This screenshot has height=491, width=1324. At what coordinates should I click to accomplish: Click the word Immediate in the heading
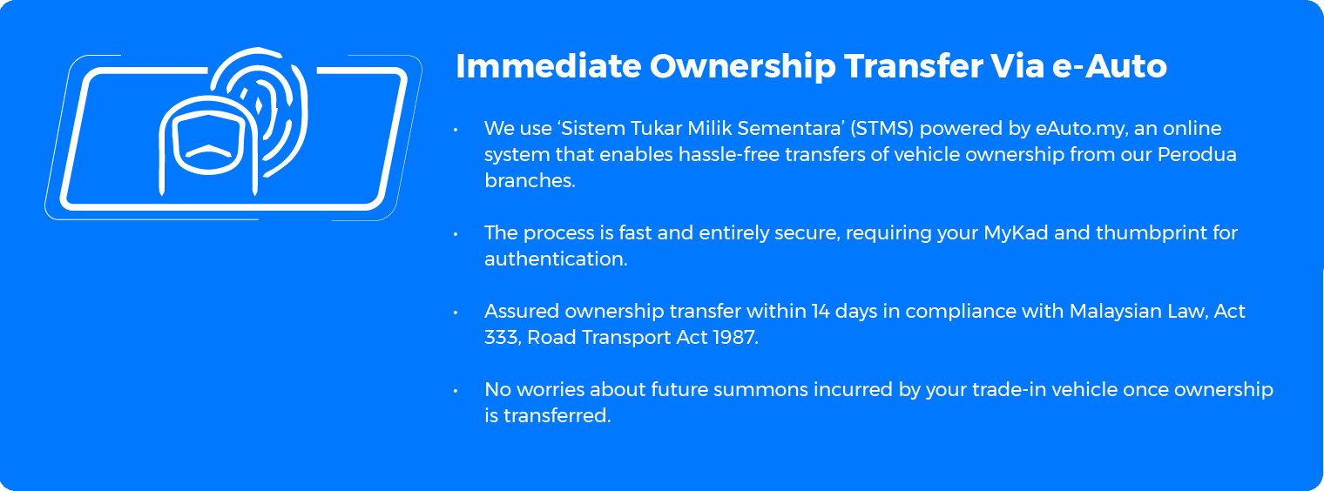[x=549, y=65]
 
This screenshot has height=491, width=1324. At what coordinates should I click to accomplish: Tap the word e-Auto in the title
[x=1110, y=65]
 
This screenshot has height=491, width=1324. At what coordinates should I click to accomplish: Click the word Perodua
[x=1197, y=154]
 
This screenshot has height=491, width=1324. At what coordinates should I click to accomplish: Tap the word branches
[x=530, y=180]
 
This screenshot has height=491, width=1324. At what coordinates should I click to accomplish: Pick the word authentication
[x=556, y=259]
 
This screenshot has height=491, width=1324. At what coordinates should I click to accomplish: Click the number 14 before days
[x=821, y=311]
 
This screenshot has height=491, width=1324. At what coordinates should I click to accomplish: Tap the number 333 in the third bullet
[x=503, y=338]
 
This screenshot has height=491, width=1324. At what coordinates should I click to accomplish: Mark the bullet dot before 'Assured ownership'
[x=456, y=313]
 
